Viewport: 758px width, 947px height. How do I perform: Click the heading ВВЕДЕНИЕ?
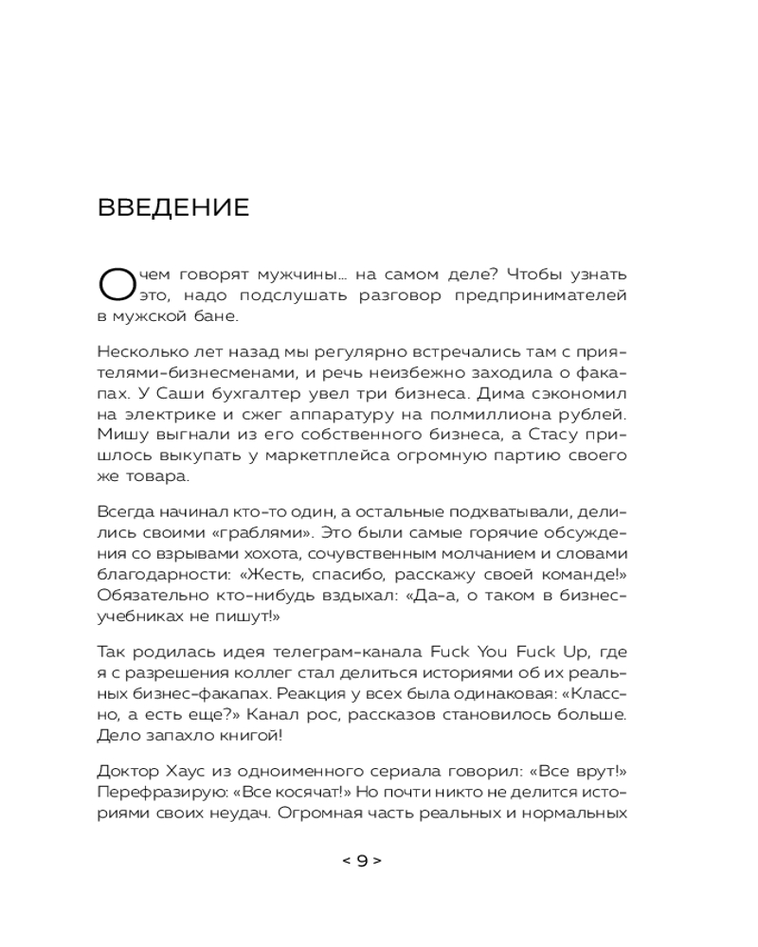coord(173,207)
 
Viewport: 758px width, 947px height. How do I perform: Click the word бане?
coord(220,317)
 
